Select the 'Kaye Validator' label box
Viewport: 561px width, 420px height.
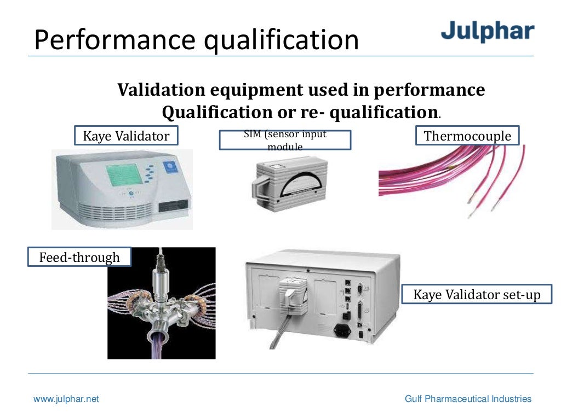[126, 136]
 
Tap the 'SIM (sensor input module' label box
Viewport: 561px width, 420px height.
[285, 140]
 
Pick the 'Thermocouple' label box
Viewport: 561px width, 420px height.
[467, 136]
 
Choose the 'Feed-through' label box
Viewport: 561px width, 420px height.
[79, 256]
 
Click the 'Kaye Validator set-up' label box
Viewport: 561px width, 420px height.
[477, 295]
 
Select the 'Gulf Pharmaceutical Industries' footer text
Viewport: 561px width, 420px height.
[468, 399]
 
